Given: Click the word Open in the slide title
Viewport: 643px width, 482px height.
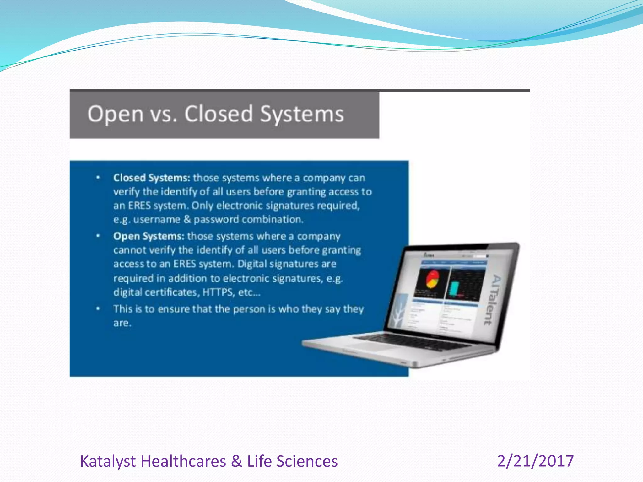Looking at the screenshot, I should click(115, 114).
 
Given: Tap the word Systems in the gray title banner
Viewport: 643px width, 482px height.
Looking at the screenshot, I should click(302, 114).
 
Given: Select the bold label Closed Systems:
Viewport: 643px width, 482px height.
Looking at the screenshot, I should click(152, 178).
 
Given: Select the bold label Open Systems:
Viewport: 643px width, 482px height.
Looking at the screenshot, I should click(149, 236).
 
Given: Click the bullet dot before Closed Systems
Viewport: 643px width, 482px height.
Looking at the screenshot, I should click(98, 178).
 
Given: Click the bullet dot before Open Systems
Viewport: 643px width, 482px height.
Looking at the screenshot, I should click(98, 236).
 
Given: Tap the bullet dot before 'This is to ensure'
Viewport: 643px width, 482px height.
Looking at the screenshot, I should click(98, 309).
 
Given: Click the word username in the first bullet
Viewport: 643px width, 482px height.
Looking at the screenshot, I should click(157, 219).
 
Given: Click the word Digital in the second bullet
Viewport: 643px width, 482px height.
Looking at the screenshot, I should click(252, 264).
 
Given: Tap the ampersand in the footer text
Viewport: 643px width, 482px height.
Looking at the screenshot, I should click(236, 461).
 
